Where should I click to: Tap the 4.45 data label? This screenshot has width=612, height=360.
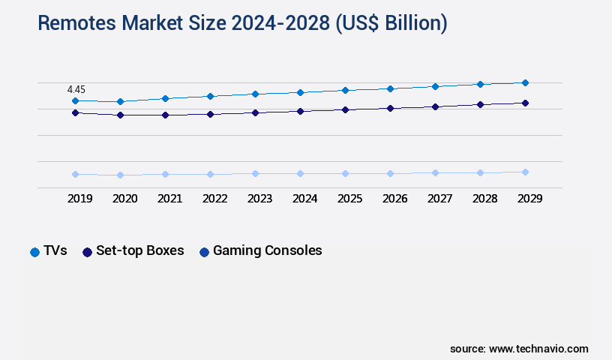click(x=75, y=89)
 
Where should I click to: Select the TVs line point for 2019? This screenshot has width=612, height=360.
click(x=75, y=100)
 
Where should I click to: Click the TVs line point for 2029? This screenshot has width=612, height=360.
click(x=525, y=82)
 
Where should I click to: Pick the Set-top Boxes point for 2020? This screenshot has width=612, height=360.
click(x=120, y=115)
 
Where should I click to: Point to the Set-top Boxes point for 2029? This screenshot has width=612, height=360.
click(x=525, y=103)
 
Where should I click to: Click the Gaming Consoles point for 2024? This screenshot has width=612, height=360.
click(x=300, y=173)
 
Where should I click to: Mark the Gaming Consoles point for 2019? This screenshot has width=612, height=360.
click(x=75, y=174)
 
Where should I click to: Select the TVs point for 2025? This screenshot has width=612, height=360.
click(x=345, y=90)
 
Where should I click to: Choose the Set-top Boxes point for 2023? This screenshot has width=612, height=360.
click(x=255, y=112)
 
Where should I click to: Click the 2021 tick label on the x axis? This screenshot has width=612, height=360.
click(x=169, y=199)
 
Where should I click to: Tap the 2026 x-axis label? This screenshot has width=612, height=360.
click(x=394, y=199)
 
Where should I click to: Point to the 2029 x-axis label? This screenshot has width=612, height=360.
click(x=529, y=199)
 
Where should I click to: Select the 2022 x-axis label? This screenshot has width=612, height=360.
click(x=214, y=199)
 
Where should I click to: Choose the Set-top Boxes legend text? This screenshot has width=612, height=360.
click(x=139, y=251)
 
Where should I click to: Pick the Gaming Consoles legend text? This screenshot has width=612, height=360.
click(x=267, y=251)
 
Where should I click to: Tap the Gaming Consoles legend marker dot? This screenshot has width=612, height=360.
click(x=204, y=252)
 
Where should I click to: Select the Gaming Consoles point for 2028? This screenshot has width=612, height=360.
click(x=480, y=172)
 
